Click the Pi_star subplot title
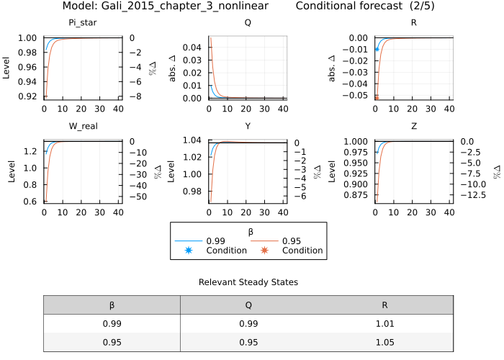pyautogui.click(x=83, y=22)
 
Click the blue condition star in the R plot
pyautogui.click(x=376, y=49)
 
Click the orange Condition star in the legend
pyautogui.click(x=264, y=251)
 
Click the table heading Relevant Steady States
pyautogui.click(x=248, y=282)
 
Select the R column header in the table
pyautogui.click(x=384, y=305)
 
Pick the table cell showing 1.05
pyautogui.click(x=384, y=342)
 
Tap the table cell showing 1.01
pyautogui.click(x=384, y=324)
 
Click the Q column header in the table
pyautogui.click(x=248, y=305)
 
